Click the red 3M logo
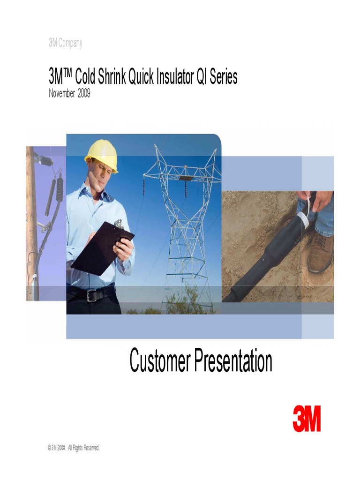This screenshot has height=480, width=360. [307, 419]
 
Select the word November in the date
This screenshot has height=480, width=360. [62, 93]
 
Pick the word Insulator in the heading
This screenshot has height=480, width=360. [168, 77]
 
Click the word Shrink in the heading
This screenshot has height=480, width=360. [111, 77]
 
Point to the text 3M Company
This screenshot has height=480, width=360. [65, 44]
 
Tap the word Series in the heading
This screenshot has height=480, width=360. [224, 77]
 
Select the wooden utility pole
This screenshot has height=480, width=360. [31, 220]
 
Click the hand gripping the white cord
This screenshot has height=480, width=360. [321, 199]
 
